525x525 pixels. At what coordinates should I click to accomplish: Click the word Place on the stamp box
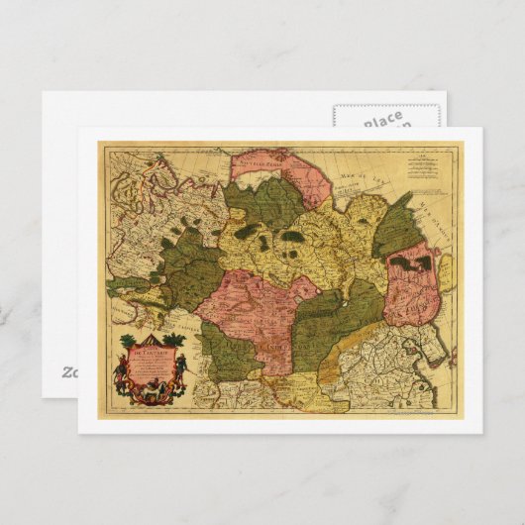[382, 118]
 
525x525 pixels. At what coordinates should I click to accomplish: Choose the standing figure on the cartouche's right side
[181, 373]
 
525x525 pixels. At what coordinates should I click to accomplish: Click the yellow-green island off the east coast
[445, 267]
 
